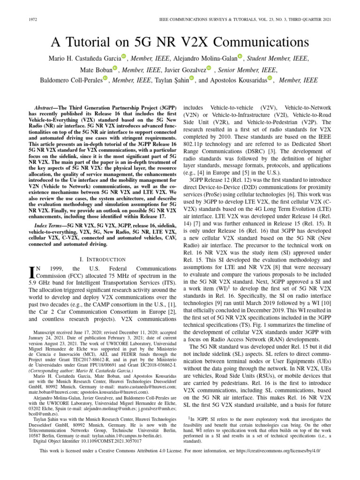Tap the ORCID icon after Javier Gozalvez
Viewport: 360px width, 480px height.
click(x=209, y=69)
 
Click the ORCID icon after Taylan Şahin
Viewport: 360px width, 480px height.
click(x=192, y=80)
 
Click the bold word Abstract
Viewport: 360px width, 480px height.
click(x=48, y=108)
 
